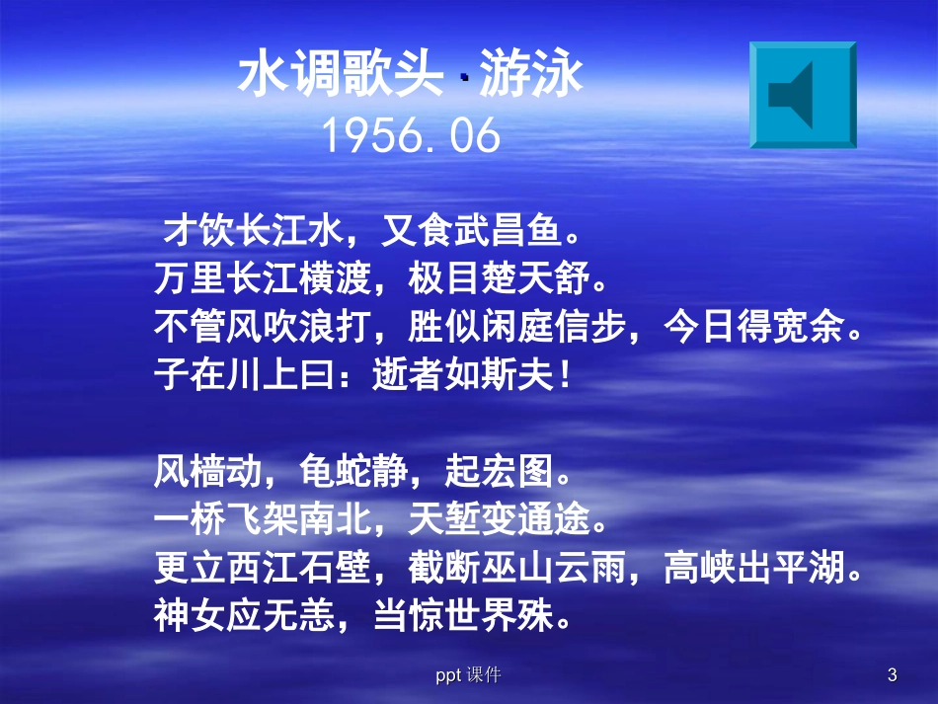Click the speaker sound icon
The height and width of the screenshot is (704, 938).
(802, 95)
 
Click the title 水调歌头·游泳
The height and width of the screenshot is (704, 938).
(412, 75)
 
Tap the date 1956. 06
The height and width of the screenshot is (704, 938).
(412, 137)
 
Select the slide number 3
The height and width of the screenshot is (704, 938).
(892, 675)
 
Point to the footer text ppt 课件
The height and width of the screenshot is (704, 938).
(468, 675)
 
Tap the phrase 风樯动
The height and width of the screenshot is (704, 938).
(203, 473)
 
